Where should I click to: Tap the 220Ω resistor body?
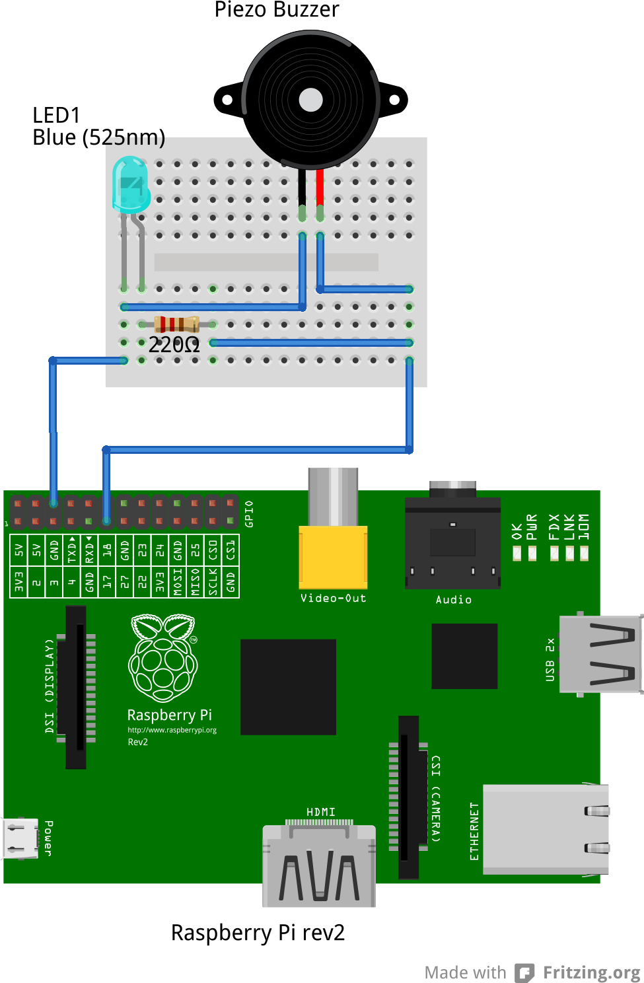coord(176,324)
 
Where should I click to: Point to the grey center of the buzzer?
coord(310,100)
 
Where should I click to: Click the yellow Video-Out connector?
coord(333,556)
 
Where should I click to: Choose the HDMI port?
coord(320,865)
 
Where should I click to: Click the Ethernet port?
coord(546,829)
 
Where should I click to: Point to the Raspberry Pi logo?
coord(163,657)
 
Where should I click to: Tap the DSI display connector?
coord(76,687)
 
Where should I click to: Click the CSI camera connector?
coord(409,797)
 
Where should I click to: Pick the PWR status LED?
coord(532,553)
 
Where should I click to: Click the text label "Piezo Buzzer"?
coord(277,10)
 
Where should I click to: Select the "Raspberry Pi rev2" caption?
coord(258,932)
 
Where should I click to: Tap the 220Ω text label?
coord(174,344)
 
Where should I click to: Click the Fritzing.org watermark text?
coord(591,972)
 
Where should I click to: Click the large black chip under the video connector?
coord(288,686)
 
